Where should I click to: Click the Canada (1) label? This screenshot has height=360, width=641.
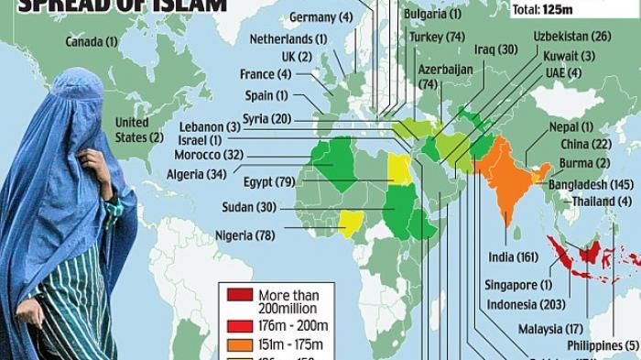point(92,42)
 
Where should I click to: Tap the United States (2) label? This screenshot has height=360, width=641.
point(135,130)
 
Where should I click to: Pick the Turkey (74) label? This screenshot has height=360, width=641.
point(437,37)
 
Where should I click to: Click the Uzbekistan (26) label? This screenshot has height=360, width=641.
point(571,37)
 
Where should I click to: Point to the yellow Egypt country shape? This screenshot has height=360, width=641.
point(398,169)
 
